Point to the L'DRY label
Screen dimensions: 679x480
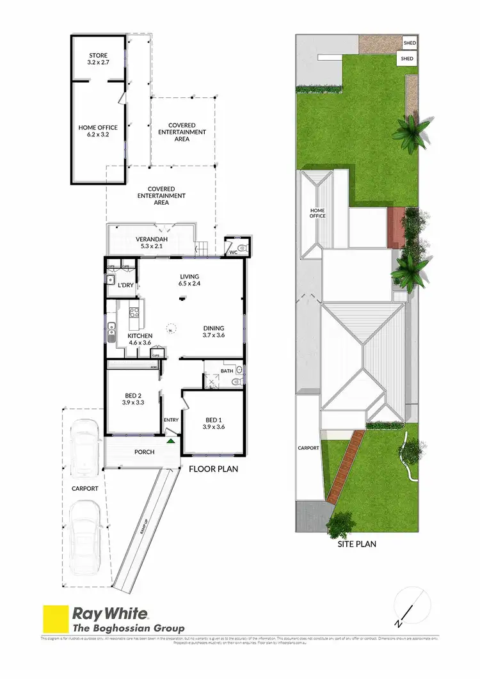[125, 285]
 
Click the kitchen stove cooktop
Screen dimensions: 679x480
[134, 313]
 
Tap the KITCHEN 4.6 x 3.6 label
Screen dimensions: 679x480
[139, 339]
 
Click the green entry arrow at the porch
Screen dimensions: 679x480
[171, 440]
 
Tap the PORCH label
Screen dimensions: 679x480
[145, 452]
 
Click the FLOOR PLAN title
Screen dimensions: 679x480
[213, 469]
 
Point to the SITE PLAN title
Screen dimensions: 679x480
[356, 545]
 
